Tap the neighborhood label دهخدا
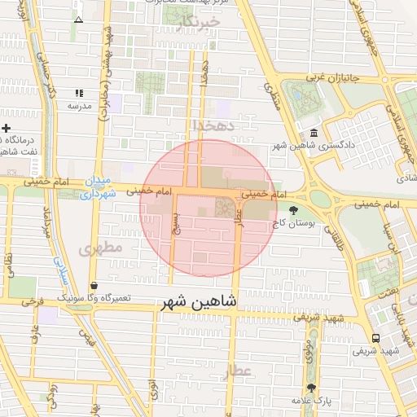[x=213, y=125]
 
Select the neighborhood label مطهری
[x=102, y=247]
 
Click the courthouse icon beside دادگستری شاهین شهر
[x=314, y=134]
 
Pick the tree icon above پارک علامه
[x=311, y=388]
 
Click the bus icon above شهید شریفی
[x=375, y=338]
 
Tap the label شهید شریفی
[x=374, y=351]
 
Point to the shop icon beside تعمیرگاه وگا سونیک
[x=94, y=286]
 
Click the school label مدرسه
[x=79, y=106]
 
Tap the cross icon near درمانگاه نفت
[x=7, y=129]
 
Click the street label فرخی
[x=33, y=301]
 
